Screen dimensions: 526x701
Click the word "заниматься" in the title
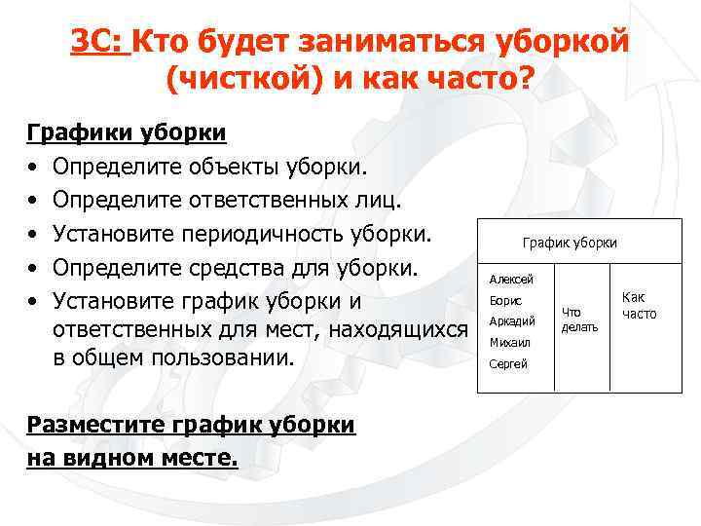click(x=369, y=43)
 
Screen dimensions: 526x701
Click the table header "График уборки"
click(x=570, y=243)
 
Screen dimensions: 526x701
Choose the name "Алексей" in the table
click(x=511, y=279)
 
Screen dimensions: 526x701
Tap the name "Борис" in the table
click(x=505, y=301)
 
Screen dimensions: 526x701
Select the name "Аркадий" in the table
click(x=512, y=321)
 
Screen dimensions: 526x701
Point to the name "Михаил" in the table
click(x=509, y=343)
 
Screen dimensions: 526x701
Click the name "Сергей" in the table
click(x=508, y=364)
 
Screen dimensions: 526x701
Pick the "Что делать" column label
click(x=579, y=319)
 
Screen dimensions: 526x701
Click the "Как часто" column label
click(x=639, y=306)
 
